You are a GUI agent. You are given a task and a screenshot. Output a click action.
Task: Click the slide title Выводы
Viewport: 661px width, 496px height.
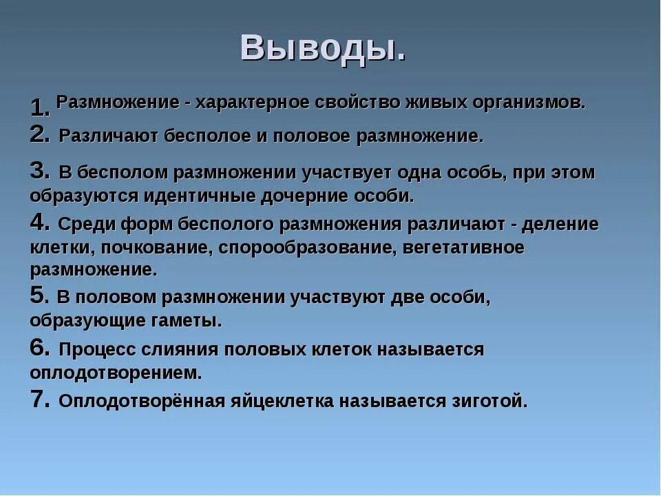[x=323, y=48]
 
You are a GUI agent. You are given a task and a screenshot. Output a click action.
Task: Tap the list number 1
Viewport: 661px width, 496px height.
[x=39, y=107]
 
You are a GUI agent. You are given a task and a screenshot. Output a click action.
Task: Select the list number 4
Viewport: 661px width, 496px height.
[x=39, y=222]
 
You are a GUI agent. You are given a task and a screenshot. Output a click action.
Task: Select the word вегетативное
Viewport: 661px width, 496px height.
[x=463, y=247]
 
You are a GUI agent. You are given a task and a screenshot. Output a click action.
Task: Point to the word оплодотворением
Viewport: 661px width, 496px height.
[x=116, y=373]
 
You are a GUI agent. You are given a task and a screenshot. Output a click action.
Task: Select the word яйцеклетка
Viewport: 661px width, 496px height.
[x=296, y=401]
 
